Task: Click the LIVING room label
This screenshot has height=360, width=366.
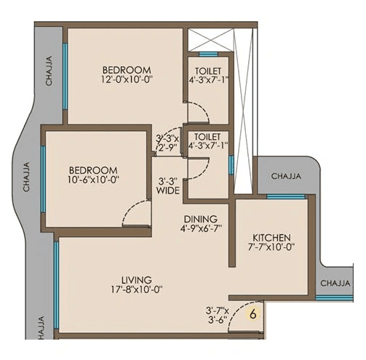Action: click(137, 279)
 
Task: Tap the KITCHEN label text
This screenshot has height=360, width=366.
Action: click(271, 238)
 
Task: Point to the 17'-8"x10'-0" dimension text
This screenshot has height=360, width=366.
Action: click(137, 290)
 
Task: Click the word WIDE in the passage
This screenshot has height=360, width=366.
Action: click(168, 192)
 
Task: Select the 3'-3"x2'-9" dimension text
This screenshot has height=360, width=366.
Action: click(169, 141)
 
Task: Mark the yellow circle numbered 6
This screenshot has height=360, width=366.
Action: click(252, 316)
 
